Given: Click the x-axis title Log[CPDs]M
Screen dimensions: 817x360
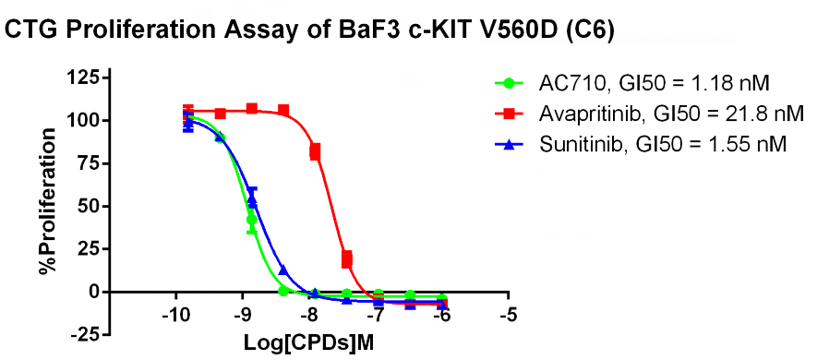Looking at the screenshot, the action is tap(309, 343).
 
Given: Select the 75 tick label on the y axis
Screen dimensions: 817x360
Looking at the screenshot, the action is tap(88, 163).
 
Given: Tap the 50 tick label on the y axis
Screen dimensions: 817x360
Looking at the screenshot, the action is tap(88, 207).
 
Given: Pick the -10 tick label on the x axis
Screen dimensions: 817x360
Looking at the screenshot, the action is tap(176, 317).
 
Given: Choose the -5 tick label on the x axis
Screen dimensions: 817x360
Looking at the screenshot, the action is tap(508, 317).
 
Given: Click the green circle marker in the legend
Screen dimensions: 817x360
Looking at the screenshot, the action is tap(511, 83).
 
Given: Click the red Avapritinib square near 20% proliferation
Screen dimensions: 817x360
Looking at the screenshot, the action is tap(346, 258).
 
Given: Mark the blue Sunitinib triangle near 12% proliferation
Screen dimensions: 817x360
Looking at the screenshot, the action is tap(282, 270).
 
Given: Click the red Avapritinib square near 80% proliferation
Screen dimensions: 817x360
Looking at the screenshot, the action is tap(315, 151).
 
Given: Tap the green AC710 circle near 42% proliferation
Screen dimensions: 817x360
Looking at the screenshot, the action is tap(252, 220).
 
